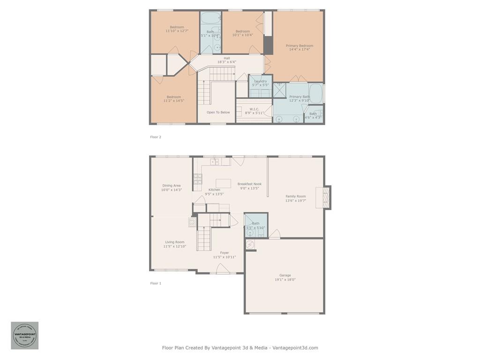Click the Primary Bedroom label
click(299, 46)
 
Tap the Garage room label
click(285, 275)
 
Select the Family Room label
click(295, 196)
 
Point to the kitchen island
click(223, 183)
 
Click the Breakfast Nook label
click(249, 184)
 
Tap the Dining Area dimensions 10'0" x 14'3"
click(171, 190)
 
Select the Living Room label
click(174, 242)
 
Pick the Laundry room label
click(260, 81)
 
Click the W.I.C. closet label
click(254, 109)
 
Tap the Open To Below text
click(218, 112)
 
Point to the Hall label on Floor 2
click(226, 59)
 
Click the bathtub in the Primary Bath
click(316, 93)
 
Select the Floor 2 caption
click(156, 137)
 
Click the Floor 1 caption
click(156, 283)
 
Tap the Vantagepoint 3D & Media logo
click(25, 335)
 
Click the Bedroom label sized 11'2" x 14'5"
click(173, 97)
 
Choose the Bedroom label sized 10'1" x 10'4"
click(242, 31)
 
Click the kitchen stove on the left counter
click(198, 179)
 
